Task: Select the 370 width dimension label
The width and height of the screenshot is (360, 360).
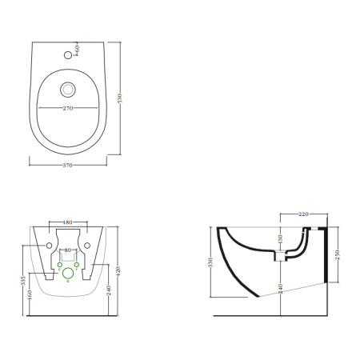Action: coord(69,166)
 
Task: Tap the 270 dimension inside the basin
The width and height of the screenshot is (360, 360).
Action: coord(69,107)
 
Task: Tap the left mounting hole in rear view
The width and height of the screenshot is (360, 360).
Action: coord(49,244)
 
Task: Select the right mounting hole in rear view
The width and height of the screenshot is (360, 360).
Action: coord(89,244)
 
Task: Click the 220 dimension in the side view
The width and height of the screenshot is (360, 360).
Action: coord(303,215)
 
